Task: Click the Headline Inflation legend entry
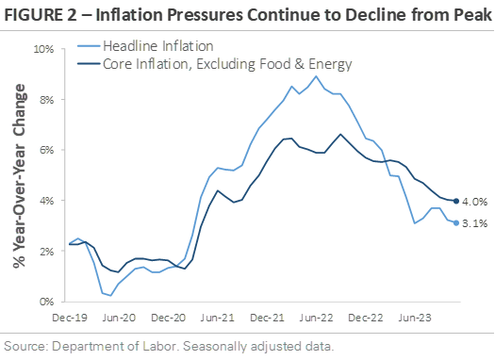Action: tap(145, 46)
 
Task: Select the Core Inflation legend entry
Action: tap(215, 64)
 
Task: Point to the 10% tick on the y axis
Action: tap(44, 49)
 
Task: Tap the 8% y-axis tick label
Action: tap(47, 100)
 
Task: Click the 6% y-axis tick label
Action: tap(47, 150)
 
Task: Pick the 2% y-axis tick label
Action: tap(47, 252)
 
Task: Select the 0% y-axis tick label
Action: tap(47, 302)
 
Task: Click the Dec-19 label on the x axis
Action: tap(70, 318)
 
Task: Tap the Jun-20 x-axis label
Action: tap(119, 318)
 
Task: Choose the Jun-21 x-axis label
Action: tap(218, 318)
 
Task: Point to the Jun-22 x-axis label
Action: tap(316, 318)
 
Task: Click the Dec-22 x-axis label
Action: tap(366, 318)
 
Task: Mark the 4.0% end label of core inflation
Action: tap(475, 202)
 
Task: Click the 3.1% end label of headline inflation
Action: tap(475, 223)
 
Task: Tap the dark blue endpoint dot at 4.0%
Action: tap(456, 201)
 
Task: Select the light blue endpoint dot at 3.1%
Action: tap(456, 223)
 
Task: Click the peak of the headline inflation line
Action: tap(316, 76)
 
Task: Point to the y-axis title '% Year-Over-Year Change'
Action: tap(19, 175)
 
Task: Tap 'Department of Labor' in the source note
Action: tap(113, 347)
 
